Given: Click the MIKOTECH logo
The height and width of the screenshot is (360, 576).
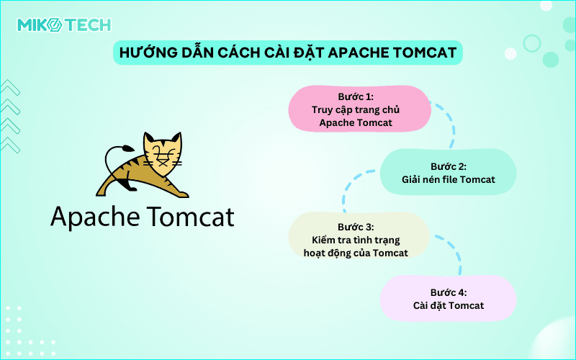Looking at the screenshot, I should point(64,25).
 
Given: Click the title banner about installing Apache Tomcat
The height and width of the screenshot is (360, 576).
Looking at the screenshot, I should point(288,53).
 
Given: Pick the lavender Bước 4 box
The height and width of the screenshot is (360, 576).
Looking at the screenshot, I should point(448,298).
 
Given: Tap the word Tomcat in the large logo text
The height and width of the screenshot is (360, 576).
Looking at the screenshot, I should point(192,216).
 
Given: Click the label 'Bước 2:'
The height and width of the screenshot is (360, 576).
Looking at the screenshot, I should point(448,166).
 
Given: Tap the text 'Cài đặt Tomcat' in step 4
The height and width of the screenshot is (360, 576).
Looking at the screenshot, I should point(448,305).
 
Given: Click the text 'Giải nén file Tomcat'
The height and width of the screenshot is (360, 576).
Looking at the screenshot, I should point(448,179).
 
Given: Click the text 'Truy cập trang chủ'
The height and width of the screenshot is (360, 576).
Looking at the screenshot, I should point(356,109).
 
